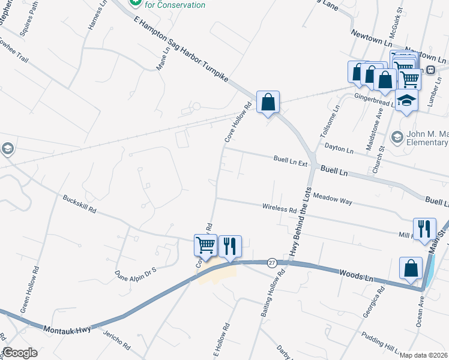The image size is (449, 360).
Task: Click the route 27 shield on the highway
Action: (272, 263)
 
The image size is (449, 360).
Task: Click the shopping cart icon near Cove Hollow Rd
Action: (205, 245)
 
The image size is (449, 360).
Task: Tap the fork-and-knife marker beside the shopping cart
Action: (229, 246)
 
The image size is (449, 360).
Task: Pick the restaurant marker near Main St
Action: (424, 228)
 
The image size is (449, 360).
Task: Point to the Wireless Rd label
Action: (280, 209)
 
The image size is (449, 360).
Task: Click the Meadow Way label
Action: (333, 199)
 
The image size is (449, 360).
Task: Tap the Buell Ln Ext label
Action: (290, 160)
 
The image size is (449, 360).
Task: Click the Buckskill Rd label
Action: (79, 205)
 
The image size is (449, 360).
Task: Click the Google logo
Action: (20, 353)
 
